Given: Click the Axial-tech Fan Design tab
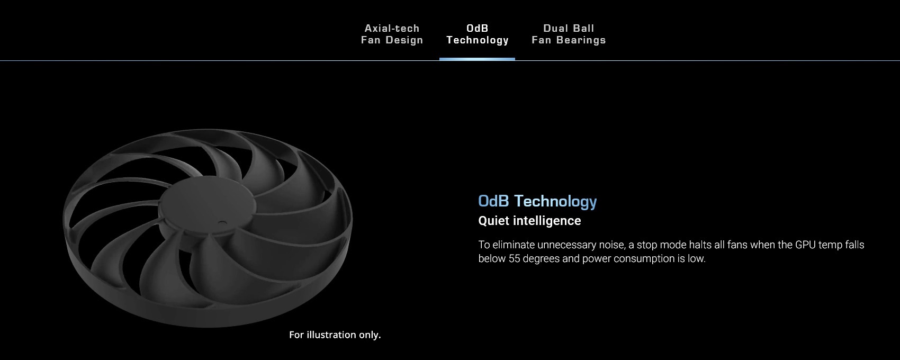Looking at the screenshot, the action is [392, 34].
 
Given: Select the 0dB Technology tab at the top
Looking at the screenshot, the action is [478, 34].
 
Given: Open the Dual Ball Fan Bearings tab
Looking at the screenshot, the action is [569, 34].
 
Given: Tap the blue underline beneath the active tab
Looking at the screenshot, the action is [477, 59].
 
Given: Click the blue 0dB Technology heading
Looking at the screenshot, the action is [537, 201].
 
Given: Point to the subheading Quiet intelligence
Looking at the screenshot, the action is [529, 221].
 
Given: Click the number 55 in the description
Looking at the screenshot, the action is [514, 259].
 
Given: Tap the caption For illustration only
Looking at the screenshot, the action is [335, 335].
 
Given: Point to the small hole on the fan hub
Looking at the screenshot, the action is [222, 222].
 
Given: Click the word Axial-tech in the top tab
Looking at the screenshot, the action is [392, 29].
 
